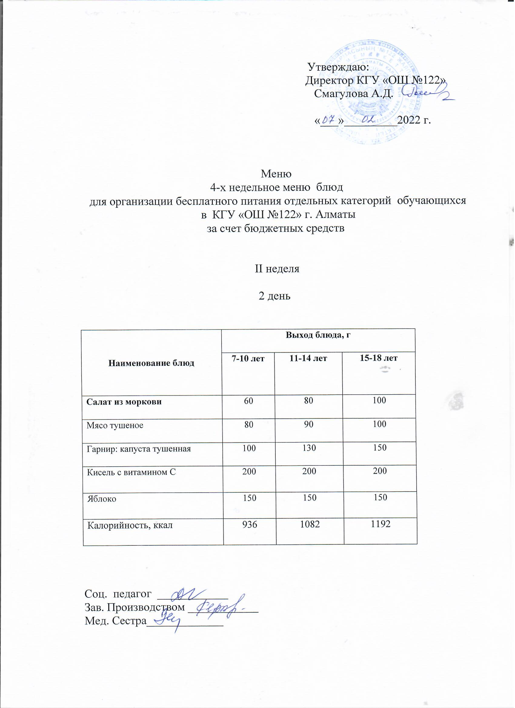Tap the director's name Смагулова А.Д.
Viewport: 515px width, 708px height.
pyautogui.click(x=354, y=93)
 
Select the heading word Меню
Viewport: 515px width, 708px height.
pyautogui.click(x=276, y=174)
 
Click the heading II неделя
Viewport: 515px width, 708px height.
pyautogui.click(x=277, y=269)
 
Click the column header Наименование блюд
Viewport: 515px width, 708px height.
pyautogui.click(x=151, y=363)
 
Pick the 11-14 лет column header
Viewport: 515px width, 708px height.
pyautogui.click(x=308, y=358)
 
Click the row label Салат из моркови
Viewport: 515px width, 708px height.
pyautogui.click(x=124, y=402)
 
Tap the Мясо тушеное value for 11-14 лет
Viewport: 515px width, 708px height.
pyautogui.click(x=309, y=424)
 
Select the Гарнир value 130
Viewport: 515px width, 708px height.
pyautogui.click(x=309, y=448)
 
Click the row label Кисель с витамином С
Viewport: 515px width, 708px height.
pyautogui.click(x=131, y=472)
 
